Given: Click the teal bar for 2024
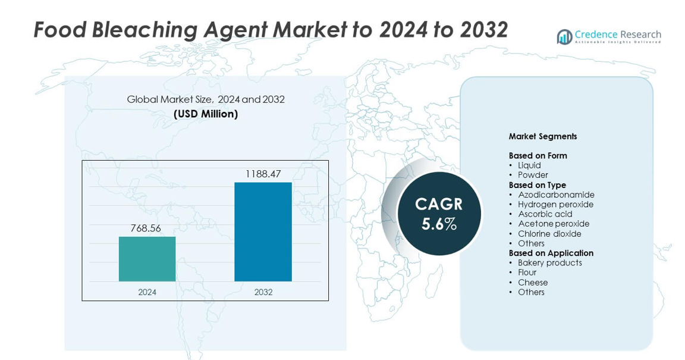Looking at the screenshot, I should click(x=147, y=259).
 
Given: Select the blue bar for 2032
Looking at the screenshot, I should click(x=263, y=231).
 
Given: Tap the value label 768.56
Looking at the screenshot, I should click(x=146, y=228).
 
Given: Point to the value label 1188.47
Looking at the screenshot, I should click(x=263, y=174).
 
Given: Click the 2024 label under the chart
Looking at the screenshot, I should click(x=147, y=292).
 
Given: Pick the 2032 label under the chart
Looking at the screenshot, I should click(x=263, y=292).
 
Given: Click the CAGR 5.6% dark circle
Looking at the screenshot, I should click(x=439, y=214).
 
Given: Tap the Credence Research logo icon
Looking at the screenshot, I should click(x=564, y=37).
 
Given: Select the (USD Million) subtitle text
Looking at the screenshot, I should click(x=206, y=114).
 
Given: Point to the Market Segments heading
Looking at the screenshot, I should click(x=542, y=136).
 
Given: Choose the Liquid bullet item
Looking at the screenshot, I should click(x=529, y=165).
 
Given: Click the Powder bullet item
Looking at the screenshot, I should click(x=533, y=175).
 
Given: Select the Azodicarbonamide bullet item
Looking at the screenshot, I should click(x=556, y=195).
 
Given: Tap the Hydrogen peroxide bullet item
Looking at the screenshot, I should click(x=555, y=204).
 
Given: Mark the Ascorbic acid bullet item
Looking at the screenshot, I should click(x=545, y=214).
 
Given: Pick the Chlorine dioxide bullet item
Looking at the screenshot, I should click(x=549, y=234).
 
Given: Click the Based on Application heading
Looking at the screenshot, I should click(x=551, y=253).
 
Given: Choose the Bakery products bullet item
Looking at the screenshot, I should click(x=549, y=263).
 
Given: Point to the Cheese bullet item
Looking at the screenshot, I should click(x=533, y=283).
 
